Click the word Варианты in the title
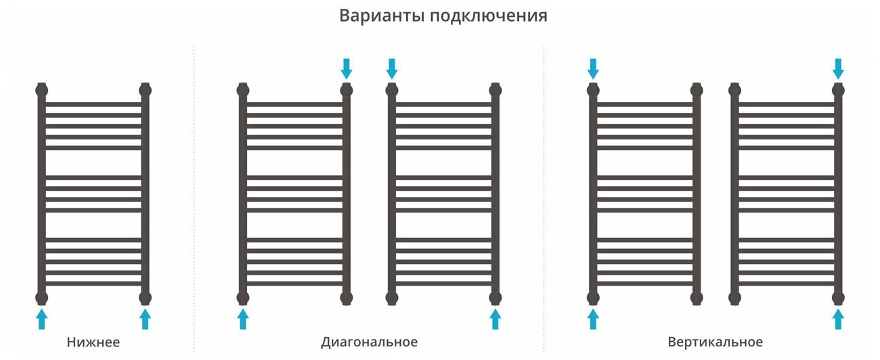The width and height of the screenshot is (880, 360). click(381, 16)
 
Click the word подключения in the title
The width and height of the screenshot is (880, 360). click(488, 17)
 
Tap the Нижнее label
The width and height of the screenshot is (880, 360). click(93, 342)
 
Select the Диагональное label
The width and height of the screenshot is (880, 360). click(369, 342)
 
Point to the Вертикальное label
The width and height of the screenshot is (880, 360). click(715, 342)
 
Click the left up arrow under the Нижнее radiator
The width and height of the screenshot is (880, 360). click(42, 319)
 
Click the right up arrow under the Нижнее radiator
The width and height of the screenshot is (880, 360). click(145, 319)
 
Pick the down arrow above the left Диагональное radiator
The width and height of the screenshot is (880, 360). click(347, 68)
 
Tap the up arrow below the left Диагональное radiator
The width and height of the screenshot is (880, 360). click(243, 319)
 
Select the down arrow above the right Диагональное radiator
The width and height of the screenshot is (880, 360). click(392, 68)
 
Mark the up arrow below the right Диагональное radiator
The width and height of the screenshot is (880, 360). click(496, 319)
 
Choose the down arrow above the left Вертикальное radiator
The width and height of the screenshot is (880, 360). click(593, 68)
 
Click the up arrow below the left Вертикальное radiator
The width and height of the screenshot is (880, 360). click(593, 319)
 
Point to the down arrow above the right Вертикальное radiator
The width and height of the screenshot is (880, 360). click(838, 68)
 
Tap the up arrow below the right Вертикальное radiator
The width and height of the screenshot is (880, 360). click(838, 319)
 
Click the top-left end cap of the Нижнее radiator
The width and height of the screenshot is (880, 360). click(42, 89)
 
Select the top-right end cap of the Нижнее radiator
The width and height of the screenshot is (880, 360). click(145, 89)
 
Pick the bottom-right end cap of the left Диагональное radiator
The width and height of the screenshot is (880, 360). click(347, 298)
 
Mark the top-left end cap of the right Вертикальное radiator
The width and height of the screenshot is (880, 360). click(735, 89)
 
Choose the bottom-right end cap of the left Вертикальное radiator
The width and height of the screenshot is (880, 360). click(697, 298)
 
